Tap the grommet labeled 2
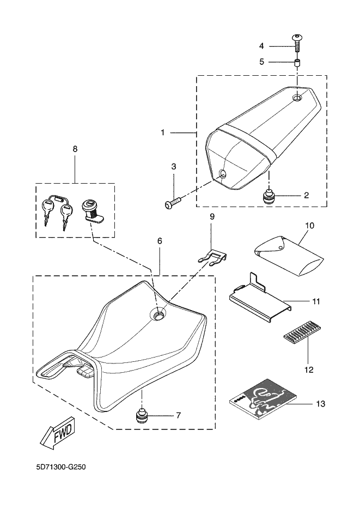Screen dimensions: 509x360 pos(269,196)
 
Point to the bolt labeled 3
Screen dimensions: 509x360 pos(172,204)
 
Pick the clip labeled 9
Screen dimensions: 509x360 pos(215,256)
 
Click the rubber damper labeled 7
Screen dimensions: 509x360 pos(142,417)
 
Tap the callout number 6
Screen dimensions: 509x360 pos(159,240)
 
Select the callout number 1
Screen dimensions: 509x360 pos(162,132)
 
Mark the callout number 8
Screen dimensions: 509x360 pos(75,148)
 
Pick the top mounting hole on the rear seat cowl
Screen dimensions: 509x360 pos(297,98)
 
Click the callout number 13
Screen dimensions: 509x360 pos(321,404)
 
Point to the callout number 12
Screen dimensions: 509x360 pos(309,369)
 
